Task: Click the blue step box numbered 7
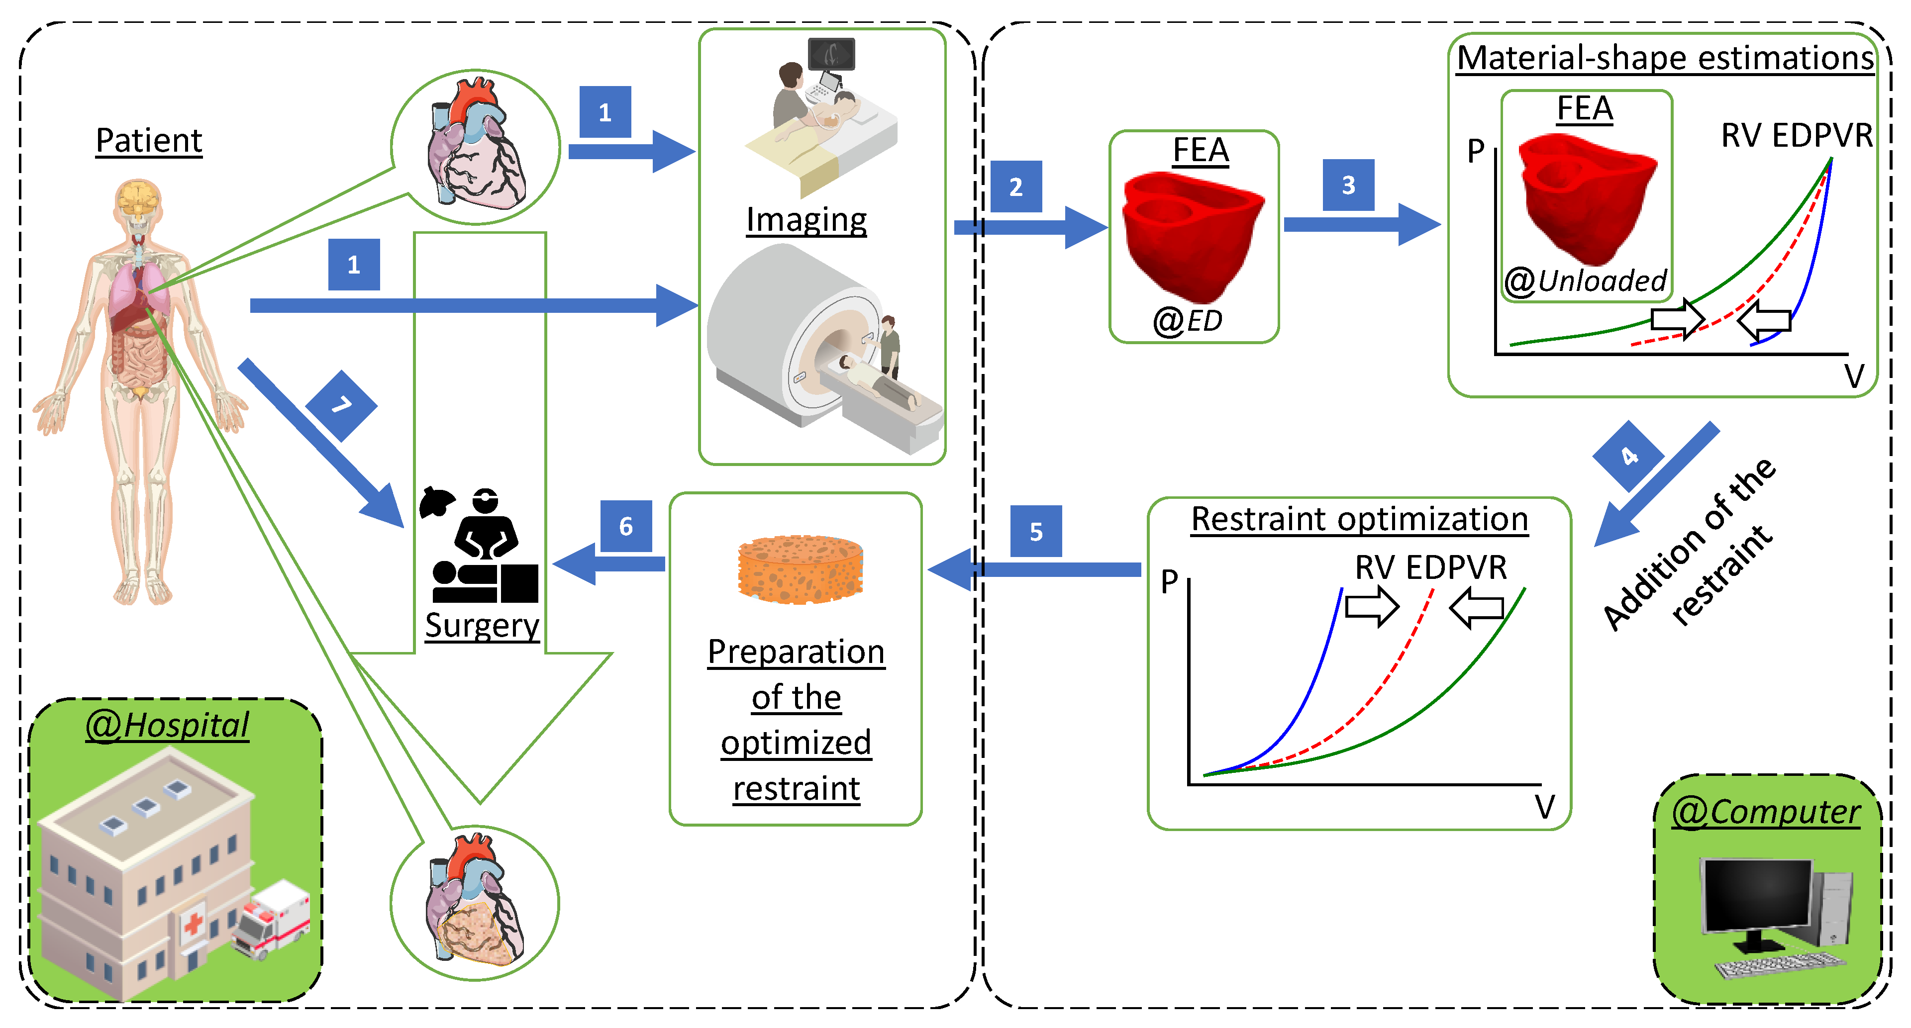pos(341,405)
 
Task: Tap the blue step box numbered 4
pos(1628,456)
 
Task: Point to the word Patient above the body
pos(149,140)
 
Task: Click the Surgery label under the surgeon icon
pos(482,625)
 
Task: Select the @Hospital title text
pos(168,725)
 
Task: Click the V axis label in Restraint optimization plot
pos(1544,806)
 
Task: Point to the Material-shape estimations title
pos(1665,58)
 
